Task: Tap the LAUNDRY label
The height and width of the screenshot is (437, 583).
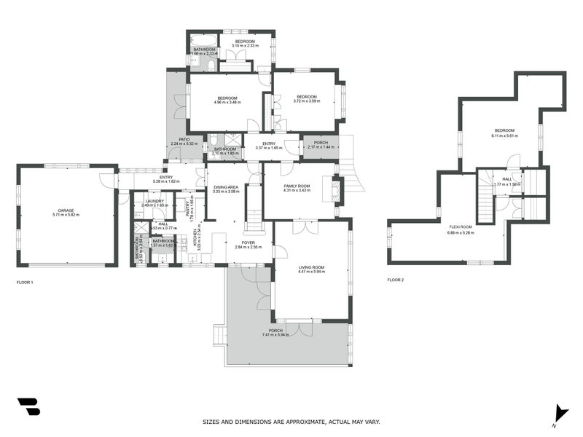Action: [x=154, y=201]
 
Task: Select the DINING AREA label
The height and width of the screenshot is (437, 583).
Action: [x=226, y=187]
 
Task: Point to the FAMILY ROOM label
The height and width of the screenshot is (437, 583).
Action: [x=296, y=186]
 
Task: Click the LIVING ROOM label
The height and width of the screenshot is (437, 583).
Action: [x=311, y=267]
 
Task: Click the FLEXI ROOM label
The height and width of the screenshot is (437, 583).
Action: [x=460, y=227]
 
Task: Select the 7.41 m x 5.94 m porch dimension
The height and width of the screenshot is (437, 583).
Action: [x=275, y=335]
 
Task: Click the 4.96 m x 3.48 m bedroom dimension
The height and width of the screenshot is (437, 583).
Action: [x=227, y=102]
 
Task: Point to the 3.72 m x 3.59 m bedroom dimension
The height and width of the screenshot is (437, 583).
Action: [x=306, y=101]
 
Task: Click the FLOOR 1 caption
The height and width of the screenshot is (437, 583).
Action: [x=26, y=281]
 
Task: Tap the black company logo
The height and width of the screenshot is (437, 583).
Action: [x=28, y=406]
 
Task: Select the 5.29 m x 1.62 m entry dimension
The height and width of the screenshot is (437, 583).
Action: [x=161, y=181]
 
